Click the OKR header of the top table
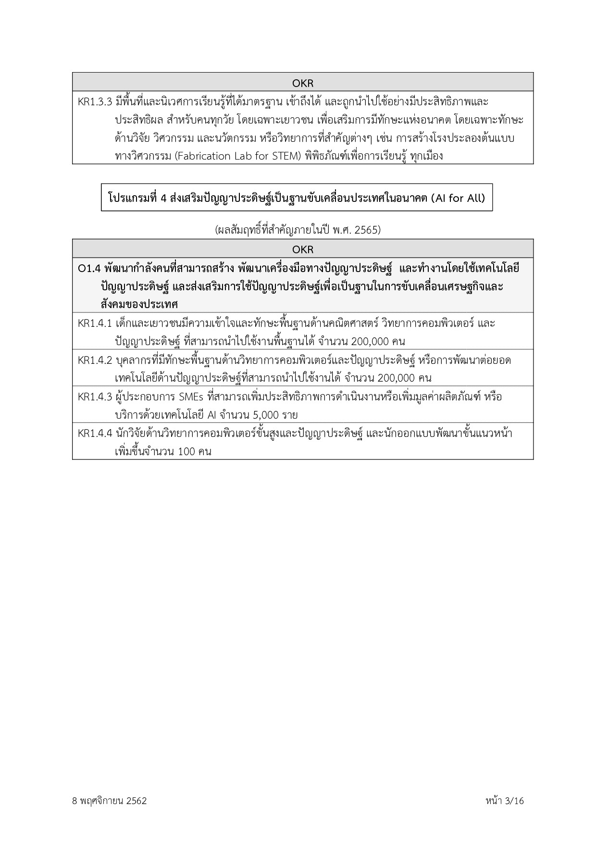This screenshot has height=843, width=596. tap(303, 83)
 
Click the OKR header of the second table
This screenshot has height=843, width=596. tap(303, 249)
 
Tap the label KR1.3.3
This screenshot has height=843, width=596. tap(95, 102)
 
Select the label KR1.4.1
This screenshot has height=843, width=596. tap(95, 323)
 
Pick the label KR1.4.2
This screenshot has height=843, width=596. tap(95, 360)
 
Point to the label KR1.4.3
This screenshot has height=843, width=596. tap(95, 397)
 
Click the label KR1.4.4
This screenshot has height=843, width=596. tap(95, 434)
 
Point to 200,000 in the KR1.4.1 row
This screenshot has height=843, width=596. tap(370, 342)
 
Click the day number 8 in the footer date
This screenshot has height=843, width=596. tap(74, 801)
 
